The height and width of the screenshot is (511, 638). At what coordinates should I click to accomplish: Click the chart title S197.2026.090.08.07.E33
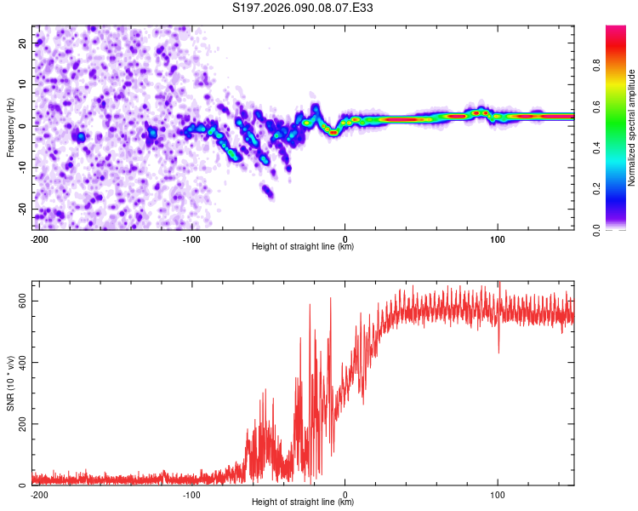click(304, 8)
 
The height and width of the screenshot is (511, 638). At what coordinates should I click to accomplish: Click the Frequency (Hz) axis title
click(10, 128)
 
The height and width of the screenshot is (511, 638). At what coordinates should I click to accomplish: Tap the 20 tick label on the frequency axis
click(24, 43)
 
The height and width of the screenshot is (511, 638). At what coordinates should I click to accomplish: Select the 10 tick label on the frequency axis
click(24, 84)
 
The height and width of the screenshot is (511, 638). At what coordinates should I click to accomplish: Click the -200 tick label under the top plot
click(38, 238)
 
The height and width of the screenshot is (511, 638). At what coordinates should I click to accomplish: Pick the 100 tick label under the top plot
click(498, 238)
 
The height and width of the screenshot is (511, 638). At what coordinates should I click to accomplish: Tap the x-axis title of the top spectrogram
click(303, 247)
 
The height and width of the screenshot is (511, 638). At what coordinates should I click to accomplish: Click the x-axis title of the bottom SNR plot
click(303, 502)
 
